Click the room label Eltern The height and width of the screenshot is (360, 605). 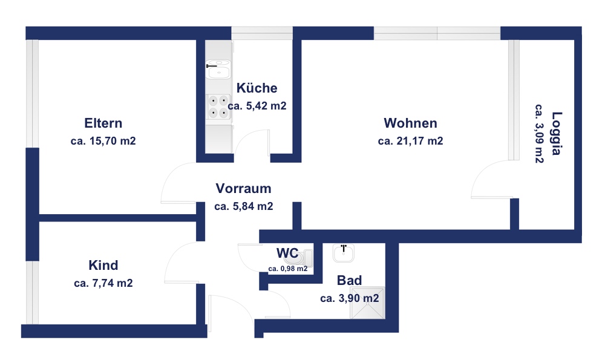coord(103,123)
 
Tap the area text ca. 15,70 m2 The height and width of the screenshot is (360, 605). coord(103,141)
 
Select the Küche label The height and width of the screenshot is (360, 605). coord(257,88)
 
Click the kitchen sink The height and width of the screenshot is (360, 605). coord(218,70)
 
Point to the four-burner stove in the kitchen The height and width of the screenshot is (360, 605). coord(218,106)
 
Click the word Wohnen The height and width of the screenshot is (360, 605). coord(411,123)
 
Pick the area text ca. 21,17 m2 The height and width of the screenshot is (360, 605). coord(411,141)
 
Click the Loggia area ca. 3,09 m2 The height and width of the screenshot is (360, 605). coord(540,134)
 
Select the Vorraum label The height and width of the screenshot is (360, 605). coord(243,188)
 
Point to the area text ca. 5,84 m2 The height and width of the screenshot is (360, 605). coord(243,206)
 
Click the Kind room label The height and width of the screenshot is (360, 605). coord(103,265)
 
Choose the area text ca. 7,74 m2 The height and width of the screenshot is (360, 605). coord(103,283)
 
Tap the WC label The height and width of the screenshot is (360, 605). coord(287,253)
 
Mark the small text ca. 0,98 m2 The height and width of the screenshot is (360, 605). coord(288,269)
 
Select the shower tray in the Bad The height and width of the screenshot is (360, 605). coord(367,303)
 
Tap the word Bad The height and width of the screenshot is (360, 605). coord(349,280)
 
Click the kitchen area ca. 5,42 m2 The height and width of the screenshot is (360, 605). coord(257,106)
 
